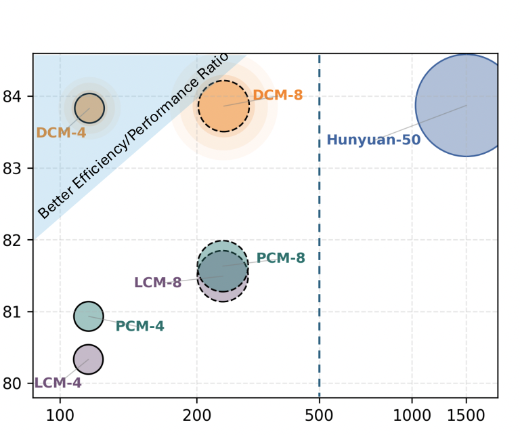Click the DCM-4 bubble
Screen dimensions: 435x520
(x=89, y=107)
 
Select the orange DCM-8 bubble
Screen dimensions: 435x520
(x=223, y=106)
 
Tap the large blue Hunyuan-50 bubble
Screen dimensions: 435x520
(x=465, y=106)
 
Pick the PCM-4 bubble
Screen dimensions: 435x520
(x=88, y=316)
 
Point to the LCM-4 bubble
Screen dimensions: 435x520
(x=88, y=359)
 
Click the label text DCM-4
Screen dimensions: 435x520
(x=61, y=133)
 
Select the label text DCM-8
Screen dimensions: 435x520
(x=278, y=95)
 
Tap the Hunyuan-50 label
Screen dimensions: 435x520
(x=374, y=140)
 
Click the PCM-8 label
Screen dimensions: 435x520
(x=280, y=258)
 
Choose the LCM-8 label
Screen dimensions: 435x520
(x=158, y=283)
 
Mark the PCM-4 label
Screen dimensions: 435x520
(x=139, y=326)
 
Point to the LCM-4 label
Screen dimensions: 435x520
(x=58, y=383)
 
